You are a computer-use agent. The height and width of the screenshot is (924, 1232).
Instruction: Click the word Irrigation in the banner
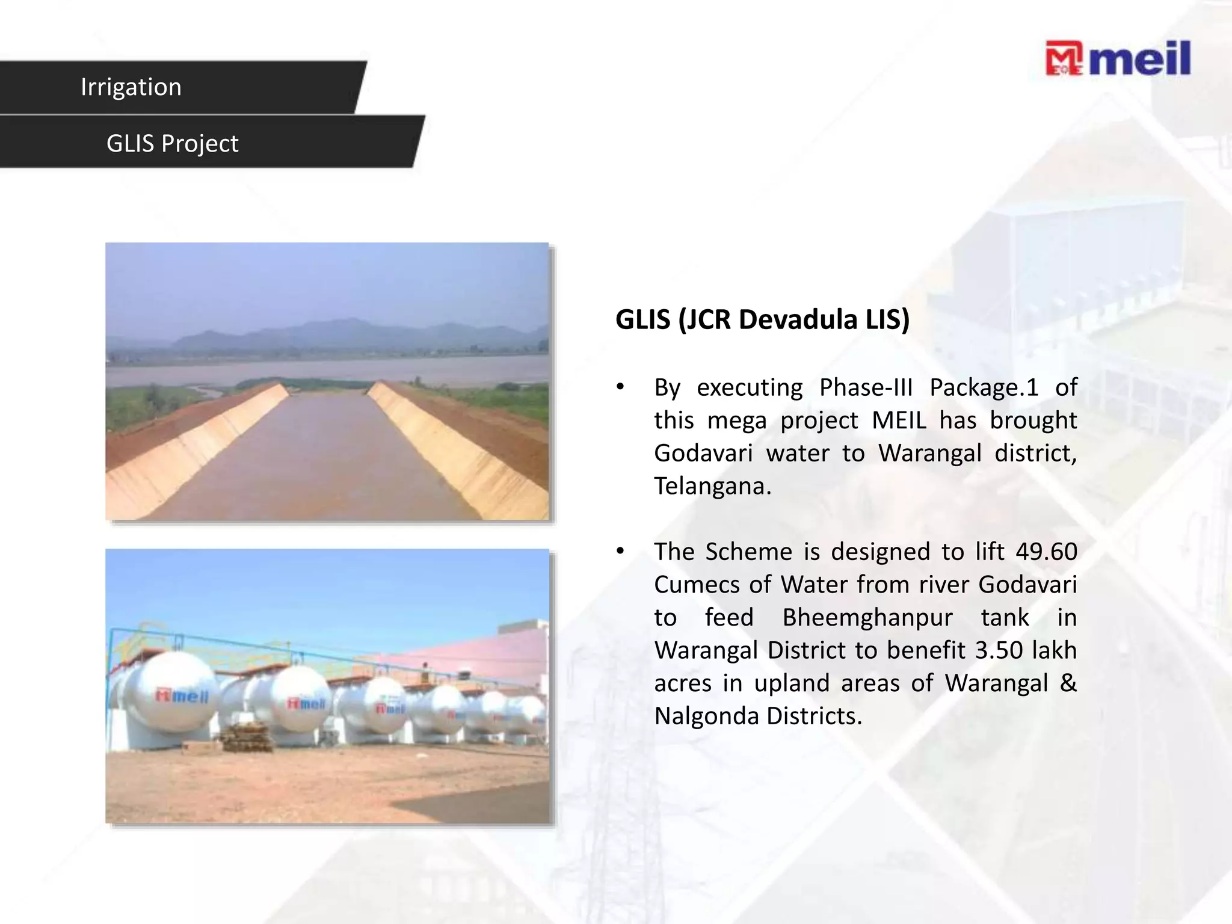coord(131,87)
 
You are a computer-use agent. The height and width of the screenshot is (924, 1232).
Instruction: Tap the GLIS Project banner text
coord(172,144)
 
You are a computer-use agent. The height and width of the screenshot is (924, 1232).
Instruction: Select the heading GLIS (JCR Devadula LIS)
coord(762,319)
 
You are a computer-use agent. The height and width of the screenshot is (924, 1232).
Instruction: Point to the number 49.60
coord(1046,552)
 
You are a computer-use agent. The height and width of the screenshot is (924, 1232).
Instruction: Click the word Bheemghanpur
coord(867,618)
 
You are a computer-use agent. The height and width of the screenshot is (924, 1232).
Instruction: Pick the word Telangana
coord(712,486)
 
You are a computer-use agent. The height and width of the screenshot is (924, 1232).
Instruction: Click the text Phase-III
coord(866,387)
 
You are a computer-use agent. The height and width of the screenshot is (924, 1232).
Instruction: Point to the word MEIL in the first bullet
coord(899,420)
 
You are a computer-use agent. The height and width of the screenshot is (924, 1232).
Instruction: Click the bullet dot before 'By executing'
coord(620,387)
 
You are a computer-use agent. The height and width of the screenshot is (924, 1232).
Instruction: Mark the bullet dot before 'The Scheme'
coord(620,551)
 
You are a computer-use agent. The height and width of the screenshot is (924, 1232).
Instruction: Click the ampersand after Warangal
coord(1068,683)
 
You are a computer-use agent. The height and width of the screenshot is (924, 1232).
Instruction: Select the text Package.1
coord(984,387)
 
